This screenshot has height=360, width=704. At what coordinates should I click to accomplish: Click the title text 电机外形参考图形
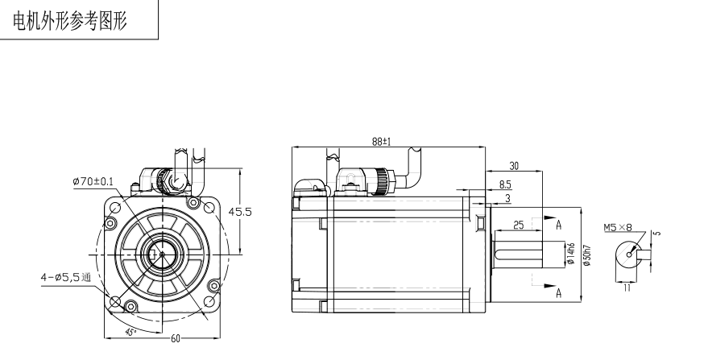click(x=70, y=21)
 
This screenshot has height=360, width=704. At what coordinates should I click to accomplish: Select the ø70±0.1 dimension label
click(x=93, y=181)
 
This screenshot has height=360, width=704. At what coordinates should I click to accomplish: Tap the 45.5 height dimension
click(x=240, y=212)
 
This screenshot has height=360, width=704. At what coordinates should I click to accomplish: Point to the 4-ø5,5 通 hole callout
click(x=66, y=277)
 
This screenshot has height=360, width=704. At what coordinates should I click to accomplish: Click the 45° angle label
click(x=130, y=333)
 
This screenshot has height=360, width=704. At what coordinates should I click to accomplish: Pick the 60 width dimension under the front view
click(x=175, y=338)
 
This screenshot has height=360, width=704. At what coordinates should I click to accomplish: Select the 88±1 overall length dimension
click(x=381, y=142)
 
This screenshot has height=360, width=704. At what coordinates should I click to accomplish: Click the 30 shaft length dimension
click(x=514, y=166)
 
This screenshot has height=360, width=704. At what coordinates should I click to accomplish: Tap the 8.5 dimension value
click(x=505, y=184)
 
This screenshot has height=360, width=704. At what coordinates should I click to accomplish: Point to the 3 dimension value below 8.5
click(x=507, y=198)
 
